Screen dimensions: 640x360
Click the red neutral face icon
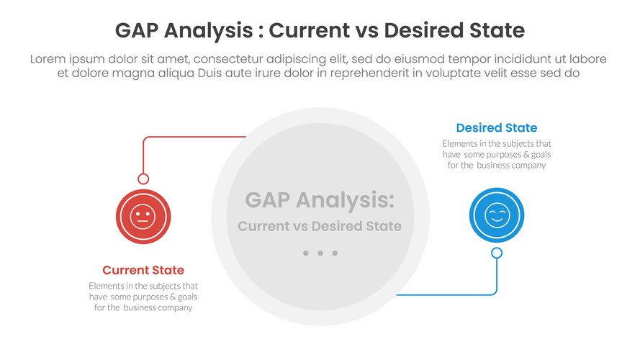pos(143,217)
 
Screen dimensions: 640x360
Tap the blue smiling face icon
pos(496,215)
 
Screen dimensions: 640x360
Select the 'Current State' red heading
pos(143,270)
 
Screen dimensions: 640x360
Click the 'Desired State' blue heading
pos(496,127)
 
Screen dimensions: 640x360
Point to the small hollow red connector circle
pos(143,179)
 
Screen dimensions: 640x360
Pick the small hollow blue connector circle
pos(497,253)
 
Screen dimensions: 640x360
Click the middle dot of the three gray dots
pos(320,253)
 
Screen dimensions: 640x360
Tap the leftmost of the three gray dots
pos(306,253)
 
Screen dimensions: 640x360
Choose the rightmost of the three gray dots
pos(335,253)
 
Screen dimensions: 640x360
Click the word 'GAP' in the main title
pos(136,30)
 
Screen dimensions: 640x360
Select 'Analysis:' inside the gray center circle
pos(345,200)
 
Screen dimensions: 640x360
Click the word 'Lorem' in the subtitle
pos(48,59)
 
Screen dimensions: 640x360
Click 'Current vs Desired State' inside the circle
pos(320,226)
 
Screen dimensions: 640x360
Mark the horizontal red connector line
pos(194,137)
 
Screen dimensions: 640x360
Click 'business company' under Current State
pos(158,307)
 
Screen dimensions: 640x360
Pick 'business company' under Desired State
pos(511,166)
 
